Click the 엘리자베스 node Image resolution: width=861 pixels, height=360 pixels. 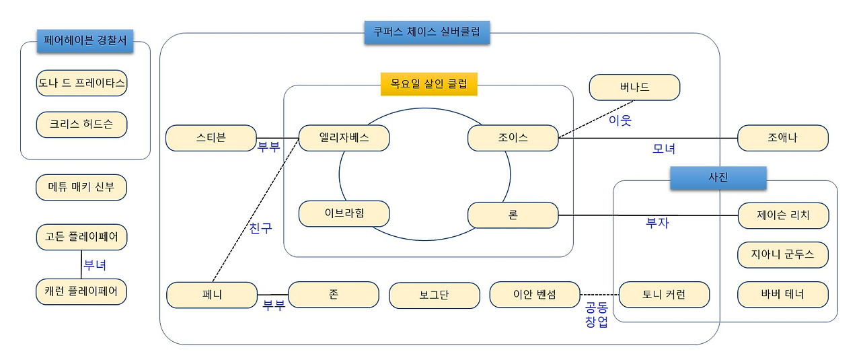[x=344, y=138]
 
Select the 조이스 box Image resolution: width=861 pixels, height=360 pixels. [x=513, y=138]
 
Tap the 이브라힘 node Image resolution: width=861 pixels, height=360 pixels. [x=344, y=213]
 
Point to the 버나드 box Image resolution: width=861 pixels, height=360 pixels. [x=634, y=87]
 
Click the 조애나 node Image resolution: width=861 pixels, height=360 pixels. [x=783, y=138]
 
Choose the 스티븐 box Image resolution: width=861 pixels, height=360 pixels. [x=211, y=138]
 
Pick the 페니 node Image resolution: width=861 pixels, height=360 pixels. [x=212, y=295]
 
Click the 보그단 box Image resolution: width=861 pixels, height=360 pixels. [x=435, y=295]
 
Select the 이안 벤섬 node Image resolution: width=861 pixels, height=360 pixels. [x=535, y=295]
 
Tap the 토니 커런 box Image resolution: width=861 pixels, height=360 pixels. [x=664, y=295]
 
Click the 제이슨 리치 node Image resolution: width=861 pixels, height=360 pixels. [x=783, y=215]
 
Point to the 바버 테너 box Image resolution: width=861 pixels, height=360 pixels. [x=783, y=295]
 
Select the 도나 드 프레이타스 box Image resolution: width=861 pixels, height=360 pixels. [x=81, y=83]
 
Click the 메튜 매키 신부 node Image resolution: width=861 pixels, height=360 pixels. [x=81, y=188]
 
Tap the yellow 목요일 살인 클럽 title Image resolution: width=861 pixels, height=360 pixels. [x=428, y=84]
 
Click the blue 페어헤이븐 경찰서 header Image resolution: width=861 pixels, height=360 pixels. [x=85, y=41]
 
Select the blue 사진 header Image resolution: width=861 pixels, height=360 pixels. [x=718, y=178]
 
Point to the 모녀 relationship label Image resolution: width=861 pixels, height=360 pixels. [x=664, y=149]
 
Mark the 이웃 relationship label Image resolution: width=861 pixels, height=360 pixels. [x=620, y=121]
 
